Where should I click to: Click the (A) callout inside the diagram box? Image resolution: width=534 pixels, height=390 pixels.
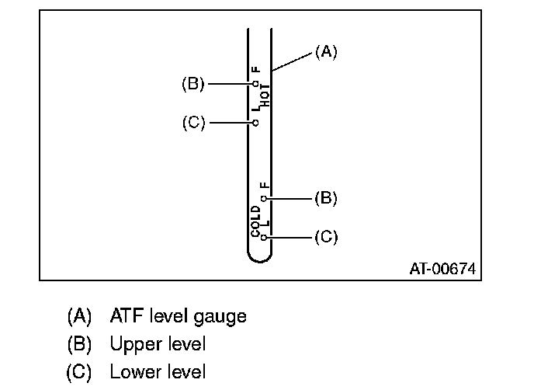click(x=326, y=52)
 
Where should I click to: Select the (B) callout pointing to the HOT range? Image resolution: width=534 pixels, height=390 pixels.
click(x=192, y=84)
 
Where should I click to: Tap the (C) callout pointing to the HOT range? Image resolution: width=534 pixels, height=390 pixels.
click(x=192, y=123)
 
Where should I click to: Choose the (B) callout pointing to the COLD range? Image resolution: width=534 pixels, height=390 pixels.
click(x=326, y=198)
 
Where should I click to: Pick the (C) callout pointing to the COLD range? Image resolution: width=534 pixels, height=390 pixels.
click(x=326, y=236)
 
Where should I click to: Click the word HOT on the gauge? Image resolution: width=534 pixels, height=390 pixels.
click(x=265, y=94)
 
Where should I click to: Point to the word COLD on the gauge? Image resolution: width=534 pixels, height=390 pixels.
click(x=256, y=221)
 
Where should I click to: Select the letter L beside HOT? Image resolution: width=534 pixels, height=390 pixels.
click(x=255, y=110)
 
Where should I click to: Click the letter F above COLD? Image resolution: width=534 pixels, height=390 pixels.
click(x=264, y=186)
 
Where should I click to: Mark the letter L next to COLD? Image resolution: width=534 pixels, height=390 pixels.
click(x=264, y=224)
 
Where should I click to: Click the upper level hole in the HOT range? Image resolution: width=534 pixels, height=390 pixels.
click(x=255, y=83)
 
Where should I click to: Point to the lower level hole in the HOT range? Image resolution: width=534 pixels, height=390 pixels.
click(x=255, y=123)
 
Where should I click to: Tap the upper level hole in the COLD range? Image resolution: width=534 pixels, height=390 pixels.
click(x=264, y=198)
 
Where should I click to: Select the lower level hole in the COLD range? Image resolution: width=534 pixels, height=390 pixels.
click(x=264, y=236)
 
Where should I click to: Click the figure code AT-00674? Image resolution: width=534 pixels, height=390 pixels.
click(x=442, y=269)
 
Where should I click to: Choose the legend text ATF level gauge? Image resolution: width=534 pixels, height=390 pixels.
click(x=178, y=316)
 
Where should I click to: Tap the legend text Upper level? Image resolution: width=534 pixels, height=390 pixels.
click(x=158, y=343)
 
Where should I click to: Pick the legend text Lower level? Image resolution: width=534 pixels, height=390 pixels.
click(x=158, y=371)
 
